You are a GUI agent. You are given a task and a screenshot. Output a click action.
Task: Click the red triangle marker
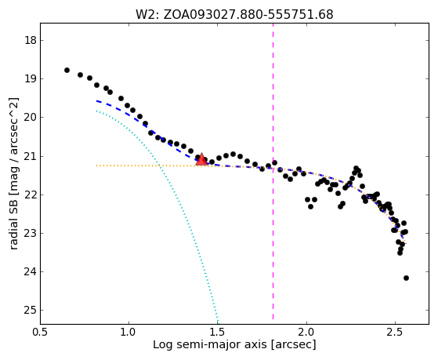201,159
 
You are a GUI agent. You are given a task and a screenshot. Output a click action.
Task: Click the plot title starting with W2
234,15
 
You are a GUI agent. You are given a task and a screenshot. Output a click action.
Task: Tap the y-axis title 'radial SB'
13,173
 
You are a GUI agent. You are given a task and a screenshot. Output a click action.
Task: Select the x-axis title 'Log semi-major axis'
234,344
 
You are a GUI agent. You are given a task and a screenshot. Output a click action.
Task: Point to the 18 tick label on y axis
31,40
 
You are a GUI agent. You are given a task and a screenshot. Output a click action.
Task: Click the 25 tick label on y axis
31,311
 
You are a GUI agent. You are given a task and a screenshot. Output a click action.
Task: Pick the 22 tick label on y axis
31,195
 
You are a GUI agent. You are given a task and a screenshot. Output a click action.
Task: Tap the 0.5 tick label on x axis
40,332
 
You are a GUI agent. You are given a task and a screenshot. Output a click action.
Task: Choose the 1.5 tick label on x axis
218,332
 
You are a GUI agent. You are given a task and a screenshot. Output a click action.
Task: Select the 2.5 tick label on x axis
395,332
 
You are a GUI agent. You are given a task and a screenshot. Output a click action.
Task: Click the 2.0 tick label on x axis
306,332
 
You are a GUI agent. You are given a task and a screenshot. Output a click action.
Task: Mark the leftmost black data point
67,70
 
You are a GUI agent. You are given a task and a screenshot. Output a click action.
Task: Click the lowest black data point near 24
406,278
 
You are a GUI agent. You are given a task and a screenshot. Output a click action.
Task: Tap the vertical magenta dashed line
273,172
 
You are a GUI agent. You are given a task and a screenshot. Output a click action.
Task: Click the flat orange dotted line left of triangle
146,165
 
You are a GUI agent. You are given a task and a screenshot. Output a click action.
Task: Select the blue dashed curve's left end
96,100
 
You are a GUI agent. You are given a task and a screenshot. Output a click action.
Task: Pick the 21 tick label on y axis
31,156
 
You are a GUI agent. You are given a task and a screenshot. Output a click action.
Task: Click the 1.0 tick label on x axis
129,332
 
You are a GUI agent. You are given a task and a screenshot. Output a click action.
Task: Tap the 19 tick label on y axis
31,79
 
